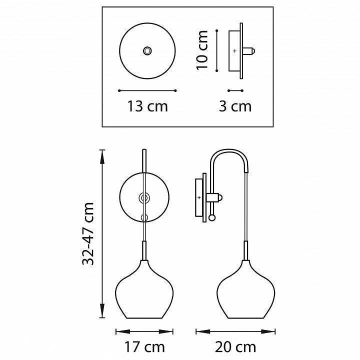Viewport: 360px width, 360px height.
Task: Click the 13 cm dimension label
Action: click(x=147, y=106)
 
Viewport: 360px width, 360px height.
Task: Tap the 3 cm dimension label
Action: click(x=235, y=106)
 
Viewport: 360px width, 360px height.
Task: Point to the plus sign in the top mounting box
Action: click(x=235, y=51)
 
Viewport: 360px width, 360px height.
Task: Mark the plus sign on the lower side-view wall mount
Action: click(x=199, y=198)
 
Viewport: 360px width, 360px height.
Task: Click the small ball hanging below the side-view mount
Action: click(x=213, y=217)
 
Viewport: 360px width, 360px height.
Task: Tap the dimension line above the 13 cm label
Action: click(x=147, y=90)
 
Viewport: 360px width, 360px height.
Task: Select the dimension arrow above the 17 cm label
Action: click(x=144, y=330)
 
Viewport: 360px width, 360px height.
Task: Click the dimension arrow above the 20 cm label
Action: click(x=235, y=330)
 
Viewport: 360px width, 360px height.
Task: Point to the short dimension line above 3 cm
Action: click(x=235, y=90)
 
